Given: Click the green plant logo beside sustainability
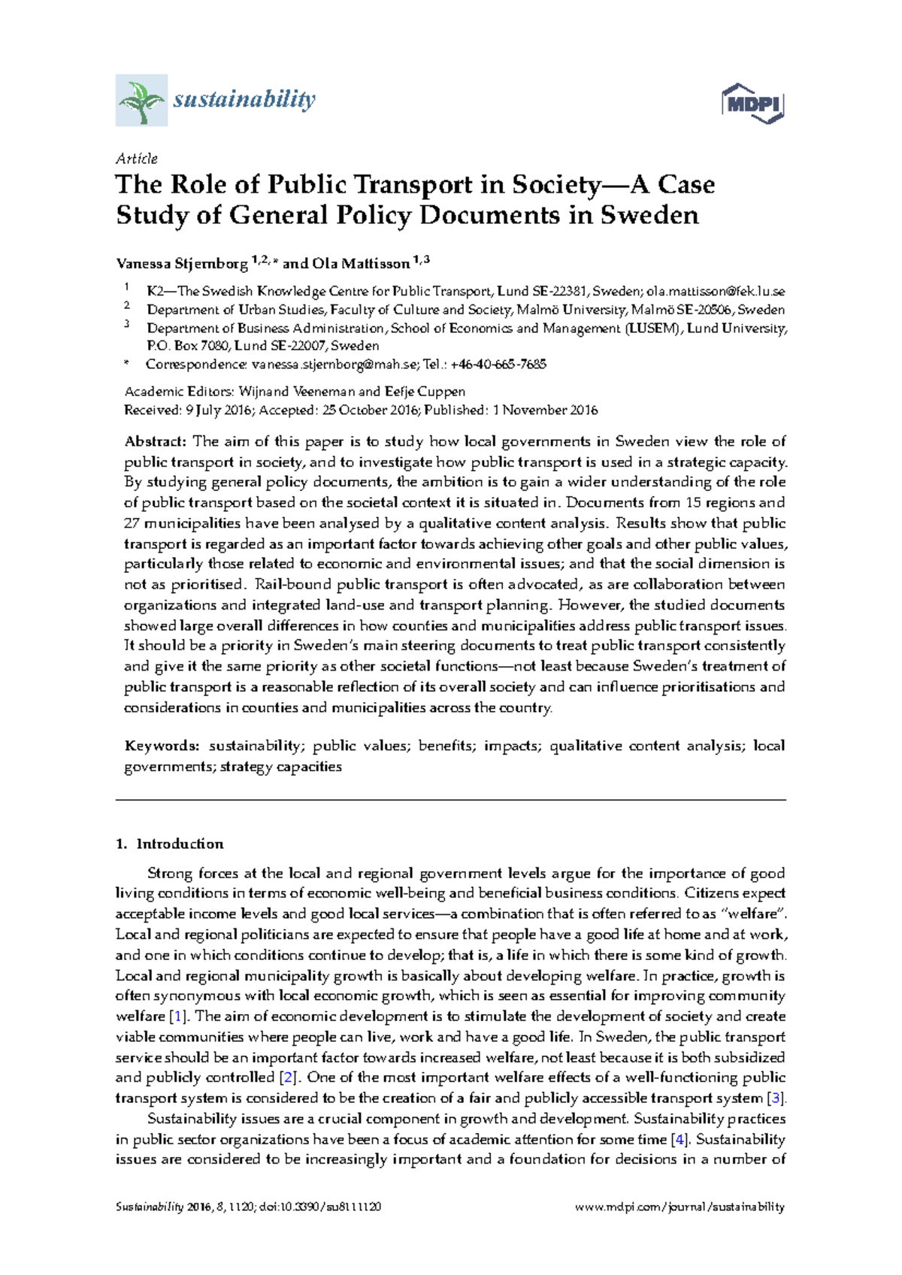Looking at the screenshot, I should (141, 100).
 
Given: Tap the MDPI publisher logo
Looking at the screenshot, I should (752, 104).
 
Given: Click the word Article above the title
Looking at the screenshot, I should (136, 159).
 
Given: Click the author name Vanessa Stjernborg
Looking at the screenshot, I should (181, 264).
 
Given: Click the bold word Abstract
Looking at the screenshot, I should (155, 441).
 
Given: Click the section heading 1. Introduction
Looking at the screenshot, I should (170, 843).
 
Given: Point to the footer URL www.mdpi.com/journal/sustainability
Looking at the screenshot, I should (680, 1207).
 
